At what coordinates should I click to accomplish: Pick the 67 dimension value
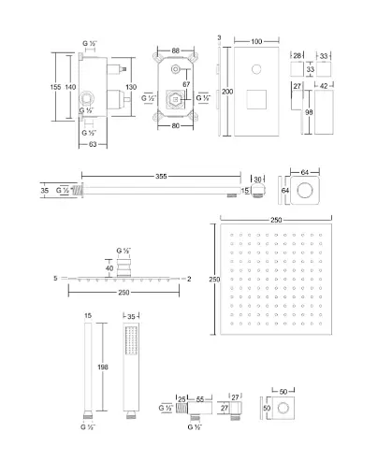point(187,84)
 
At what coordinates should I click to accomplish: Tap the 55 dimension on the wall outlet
point(200,399)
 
